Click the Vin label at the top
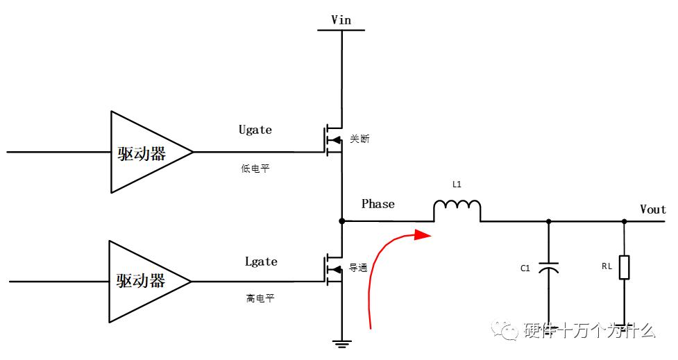[341, 19]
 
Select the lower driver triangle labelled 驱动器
[142, 281]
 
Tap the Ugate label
[255, 130]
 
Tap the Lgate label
[261, 262]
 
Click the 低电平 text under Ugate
[255, 169]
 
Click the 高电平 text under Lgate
[260, 298]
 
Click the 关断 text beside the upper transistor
[359, 139]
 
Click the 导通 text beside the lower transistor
[358, 268]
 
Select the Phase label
[378, 204]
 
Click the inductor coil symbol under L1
[457, 211]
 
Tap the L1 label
[456, 185]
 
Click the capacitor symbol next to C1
[549, 268]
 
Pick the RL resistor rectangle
[624, 267]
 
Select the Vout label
[652, 209]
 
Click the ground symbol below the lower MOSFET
[341, 341]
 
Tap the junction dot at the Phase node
[341, 221]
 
